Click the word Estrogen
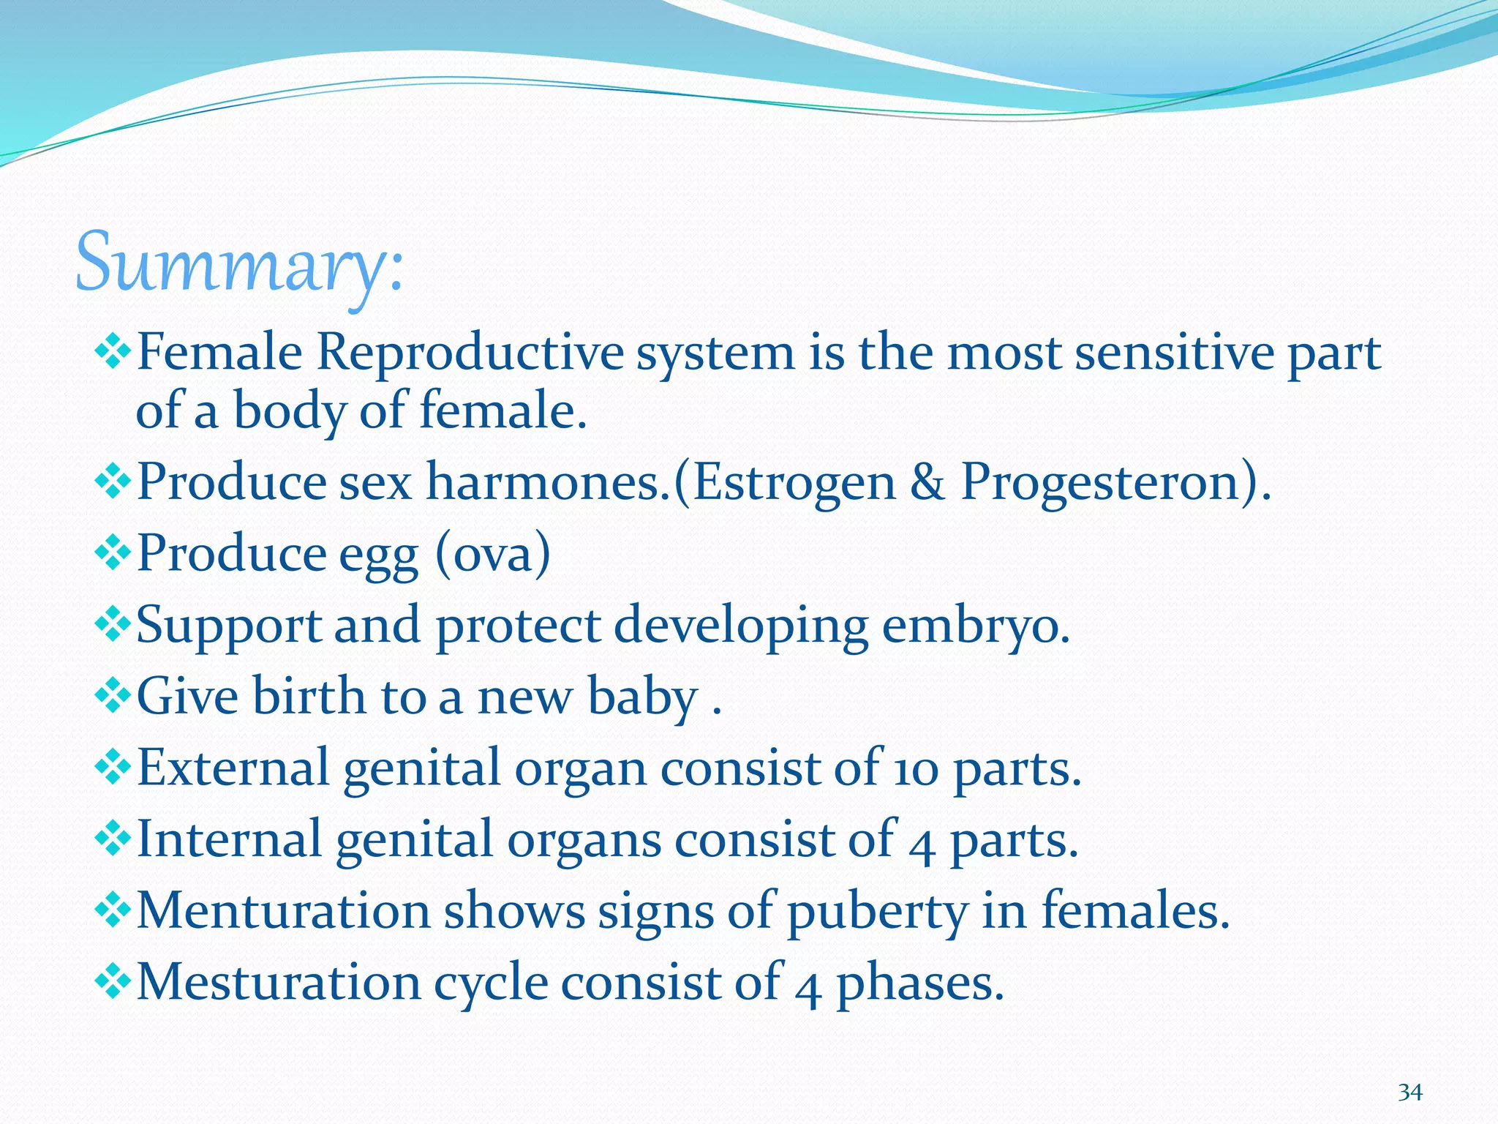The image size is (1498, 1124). (794, 482)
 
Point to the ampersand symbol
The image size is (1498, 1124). (927, 482)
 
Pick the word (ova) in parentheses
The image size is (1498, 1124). (492, 554)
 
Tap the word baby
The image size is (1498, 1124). (643, 697)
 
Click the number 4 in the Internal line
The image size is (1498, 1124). (922, 842)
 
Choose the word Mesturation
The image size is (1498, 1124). (278, 982)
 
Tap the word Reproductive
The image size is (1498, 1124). (470, 353)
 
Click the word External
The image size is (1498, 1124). (233, 768)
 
